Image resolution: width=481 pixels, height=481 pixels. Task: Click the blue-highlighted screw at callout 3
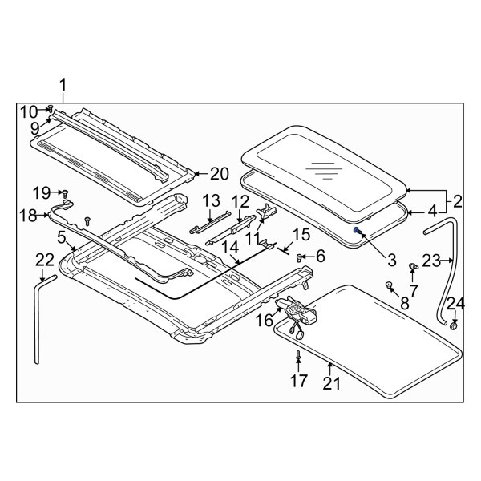pyautogui.click(x=357, y=230)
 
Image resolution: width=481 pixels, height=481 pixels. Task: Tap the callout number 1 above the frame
pyautogui.click(x=63, y=85)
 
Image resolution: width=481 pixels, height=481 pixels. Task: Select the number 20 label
pyautogui.click(x=220, y=174)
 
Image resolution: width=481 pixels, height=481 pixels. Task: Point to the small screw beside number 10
pyautogui.click(x=51, y=108)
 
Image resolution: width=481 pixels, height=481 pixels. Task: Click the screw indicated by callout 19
pyautogui.click(x=66, y=193)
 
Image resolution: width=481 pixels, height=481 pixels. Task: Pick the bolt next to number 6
pyautogui.click(x=299, y=257)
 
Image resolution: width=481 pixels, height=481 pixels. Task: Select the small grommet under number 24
pyautogui.click(x=454, y=325)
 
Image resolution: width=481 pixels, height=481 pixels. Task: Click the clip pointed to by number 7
pyautogui.click(x=414, y=266)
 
